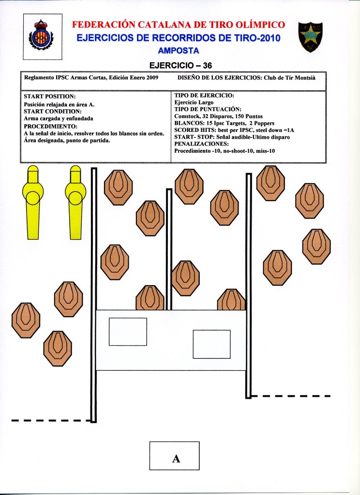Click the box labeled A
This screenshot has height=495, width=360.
[174, 455]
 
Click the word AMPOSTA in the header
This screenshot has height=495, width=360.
[179, 50]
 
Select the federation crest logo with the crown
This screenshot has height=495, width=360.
[42, 36]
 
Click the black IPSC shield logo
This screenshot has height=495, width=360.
[310, 36]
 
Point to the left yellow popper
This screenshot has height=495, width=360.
[33, 202]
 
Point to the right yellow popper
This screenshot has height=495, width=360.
[75, 202]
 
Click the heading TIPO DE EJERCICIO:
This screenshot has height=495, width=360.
[204, 95]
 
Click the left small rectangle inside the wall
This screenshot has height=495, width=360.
[128, 332]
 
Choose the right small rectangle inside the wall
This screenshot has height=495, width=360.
[211, 344]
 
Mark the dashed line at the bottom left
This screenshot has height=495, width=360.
[51, 420]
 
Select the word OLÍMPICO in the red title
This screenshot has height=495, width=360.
[257, 25]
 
